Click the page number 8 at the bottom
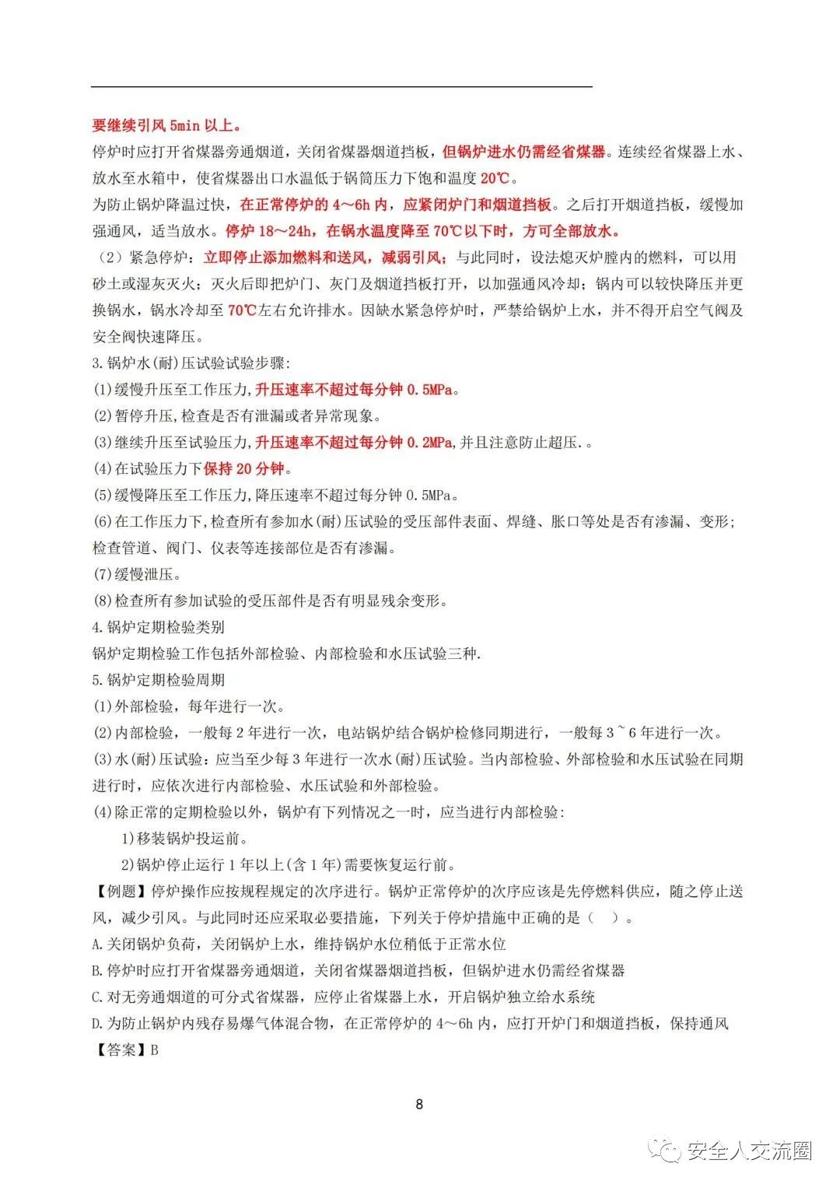coord(419,1103)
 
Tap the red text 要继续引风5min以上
coord(166,125)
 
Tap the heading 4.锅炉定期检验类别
coord(159,627)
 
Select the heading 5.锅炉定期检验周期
coord(159,680)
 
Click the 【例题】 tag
coord(121,892)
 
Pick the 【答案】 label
coord(121,1050)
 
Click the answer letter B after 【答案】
coord(155,1050)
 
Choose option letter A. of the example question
coord(98,944)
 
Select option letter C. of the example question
coord(98,997)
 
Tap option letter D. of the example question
coord(98,1024)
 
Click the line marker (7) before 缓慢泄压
coord(103,575)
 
